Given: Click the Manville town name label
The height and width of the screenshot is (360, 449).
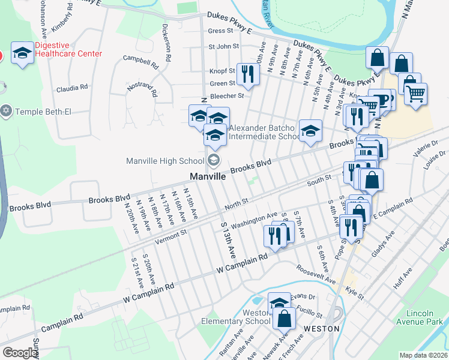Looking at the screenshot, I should point(207,177).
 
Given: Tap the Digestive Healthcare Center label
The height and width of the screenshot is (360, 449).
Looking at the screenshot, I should point(68,49).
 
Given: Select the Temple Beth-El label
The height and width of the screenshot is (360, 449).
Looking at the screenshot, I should point(40,111).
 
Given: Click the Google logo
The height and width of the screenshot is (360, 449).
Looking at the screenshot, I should point(20,353).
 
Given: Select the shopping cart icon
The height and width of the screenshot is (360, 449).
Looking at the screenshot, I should point(415,94).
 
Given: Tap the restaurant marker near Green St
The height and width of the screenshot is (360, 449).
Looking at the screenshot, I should point(247,74).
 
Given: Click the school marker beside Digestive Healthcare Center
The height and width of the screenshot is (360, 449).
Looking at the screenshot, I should point(23,55).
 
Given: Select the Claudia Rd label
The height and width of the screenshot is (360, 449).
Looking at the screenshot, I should point(72,88).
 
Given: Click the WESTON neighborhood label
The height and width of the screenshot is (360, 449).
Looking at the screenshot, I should point(322,329).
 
